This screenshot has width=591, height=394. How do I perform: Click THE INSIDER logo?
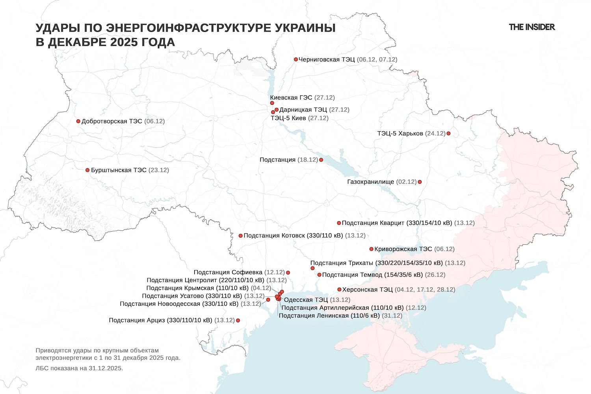coord(532,27)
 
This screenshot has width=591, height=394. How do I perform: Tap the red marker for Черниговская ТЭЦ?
coord(296,59)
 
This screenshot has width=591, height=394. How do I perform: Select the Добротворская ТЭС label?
coord(112,121)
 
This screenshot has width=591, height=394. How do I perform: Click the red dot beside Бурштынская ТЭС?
coord(87,170)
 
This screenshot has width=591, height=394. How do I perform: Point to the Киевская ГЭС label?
coord(291,98)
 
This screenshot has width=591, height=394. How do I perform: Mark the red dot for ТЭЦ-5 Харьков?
coord(448,134)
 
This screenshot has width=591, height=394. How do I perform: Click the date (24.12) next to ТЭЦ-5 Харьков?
coord(435,134)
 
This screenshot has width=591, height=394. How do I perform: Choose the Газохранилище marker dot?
coord(420,182)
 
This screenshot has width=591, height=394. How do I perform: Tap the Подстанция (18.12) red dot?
coord(321,160)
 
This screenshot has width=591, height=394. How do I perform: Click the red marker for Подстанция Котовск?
coord(241,236)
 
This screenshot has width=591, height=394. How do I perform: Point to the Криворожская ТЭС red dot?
coord(371,249)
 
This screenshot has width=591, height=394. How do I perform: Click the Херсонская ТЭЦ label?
coord(367,290)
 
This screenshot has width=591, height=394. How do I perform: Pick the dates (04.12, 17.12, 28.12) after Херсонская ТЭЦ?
coord(425,290)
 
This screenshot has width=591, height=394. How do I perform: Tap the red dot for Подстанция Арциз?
coord(238,321)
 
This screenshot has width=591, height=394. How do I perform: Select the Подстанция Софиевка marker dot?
coord(288,273)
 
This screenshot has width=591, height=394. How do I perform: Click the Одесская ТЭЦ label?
coord(306,300)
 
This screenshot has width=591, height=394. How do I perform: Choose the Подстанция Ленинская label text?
coord(329,316)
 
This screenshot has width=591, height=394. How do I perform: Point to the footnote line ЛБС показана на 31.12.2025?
coord(79,368)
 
